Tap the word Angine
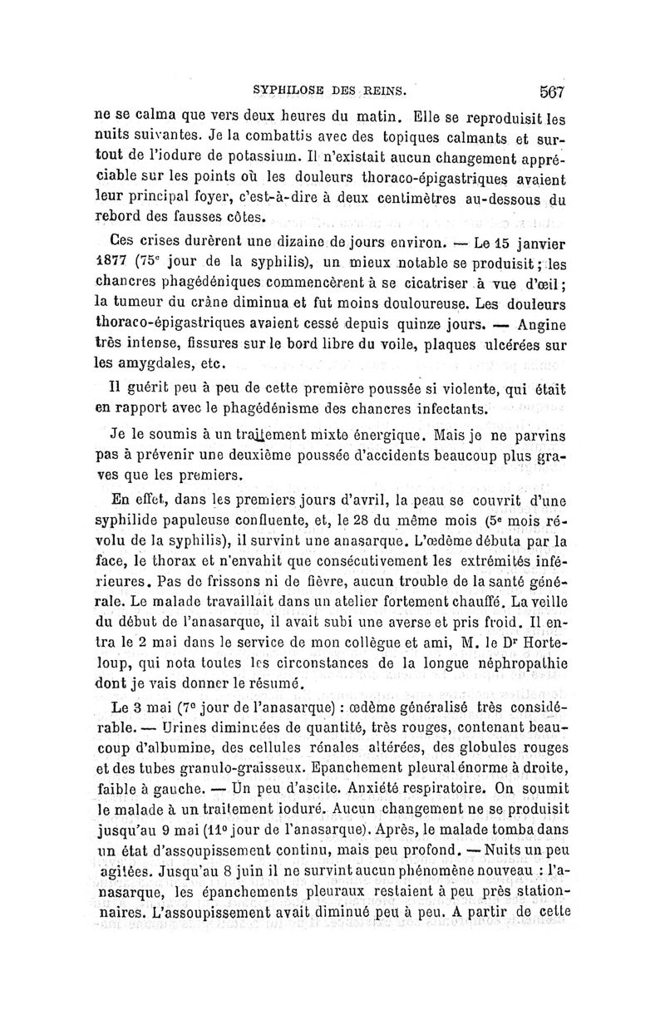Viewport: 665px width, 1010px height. point(541,323)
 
